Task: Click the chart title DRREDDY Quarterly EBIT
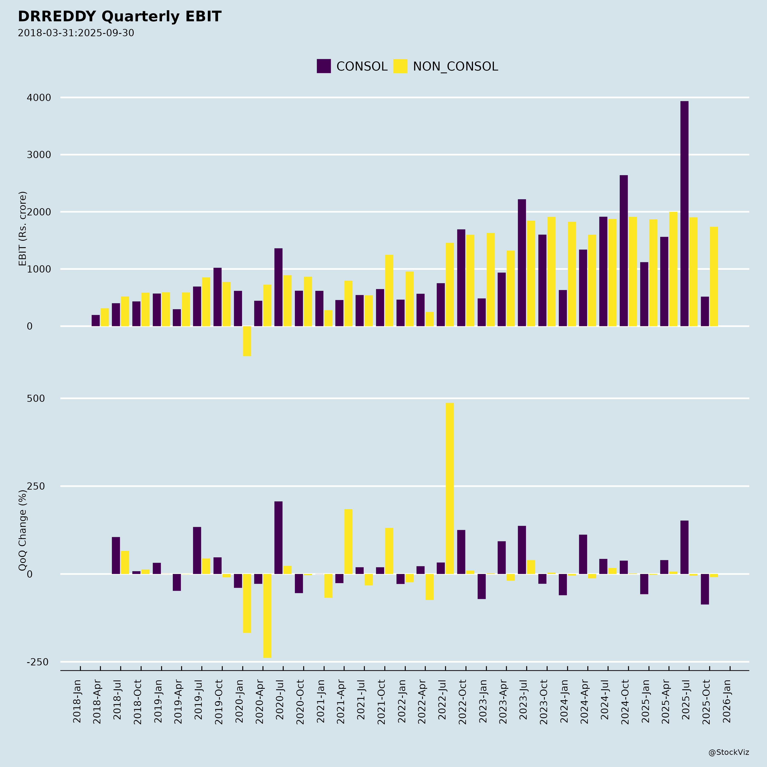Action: [x=120, y=17]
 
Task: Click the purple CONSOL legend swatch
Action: [x=324, y=66]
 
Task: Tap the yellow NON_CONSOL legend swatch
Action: [x=400, y=66]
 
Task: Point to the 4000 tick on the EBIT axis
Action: [x=39, y=98]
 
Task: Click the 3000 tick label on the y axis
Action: [x=39, y=155]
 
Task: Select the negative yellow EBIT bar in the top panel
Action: [x=247, y=341]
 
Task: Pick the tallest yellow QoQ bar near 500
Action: [x=450, y=488]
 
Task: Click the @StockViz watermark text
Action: [x=729, y=752]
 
